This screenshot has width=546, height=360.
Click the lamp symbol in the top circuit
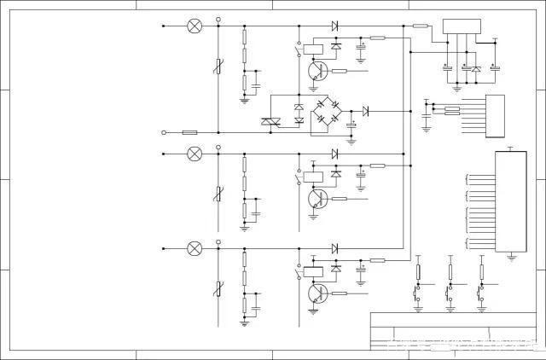(195, 26)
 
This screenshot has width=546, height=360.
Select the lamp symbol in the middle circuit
(195, 154)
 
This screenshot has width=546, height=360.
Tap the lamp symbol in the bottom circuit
(195, 248)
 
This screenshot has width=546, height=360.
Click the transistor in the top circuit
(317, 72)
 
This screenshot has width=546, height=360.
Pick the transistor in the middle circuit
(317, 199)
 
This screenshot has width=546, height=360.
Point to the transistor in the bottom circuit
(317, 293)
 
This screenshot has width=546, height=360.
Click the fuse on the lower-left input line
(190, 132)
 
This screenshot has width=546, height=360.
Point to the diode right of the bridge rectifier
(365, 111)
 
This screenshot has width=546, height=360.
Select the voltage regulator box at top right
(462, 28)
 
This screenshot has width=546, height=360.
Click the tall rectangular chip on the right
(511, 202)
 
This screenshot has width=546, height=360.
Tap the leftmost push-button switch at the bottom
(418, 294)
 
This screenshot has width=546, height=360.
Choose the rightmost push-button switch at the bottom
(480, 294)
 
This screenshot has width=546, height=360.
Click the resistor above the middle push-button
(450, 271)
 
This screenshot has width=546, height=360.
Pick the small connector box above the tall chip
(495, 115)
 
